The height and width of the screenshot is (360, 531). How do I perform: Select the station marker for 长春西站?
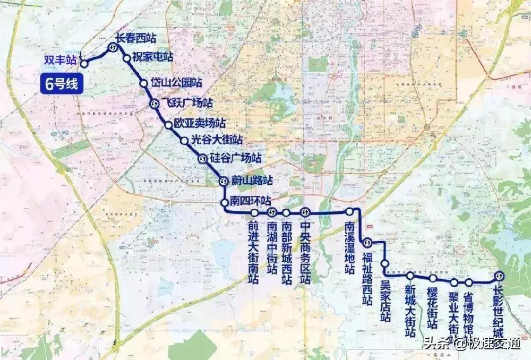click(113, 48)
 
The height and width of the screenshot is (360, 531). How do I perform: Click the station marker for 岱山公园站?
click(143, 83)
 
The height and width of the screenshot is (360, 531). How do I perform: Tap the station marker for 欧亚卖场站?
click(169, 125)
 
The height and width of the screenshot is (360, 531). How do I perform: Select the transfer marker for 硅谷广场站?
click(202, 158)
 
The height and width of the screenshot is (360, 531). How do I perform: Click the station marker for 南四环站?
click(225, 202)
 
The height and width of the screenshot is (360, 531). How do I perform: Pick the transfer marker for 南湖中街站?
click(272, 213)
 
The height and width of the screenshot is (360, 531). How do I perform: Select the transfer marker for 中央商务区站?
click(305, 212)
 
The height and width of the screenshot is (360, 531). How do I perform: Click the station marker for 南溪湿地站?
click(349, 212)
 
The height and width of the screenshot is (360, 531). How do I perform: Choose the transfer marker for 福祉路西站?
click(367, 243)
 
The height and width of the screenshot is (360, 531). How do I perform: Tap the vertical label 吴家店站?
click(386, 301)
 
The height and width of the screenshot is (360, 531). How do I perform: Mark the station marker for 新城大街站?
click(410, 276)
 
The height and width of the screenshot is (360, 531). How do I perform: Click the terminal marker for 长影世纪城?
click(499, 276)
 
